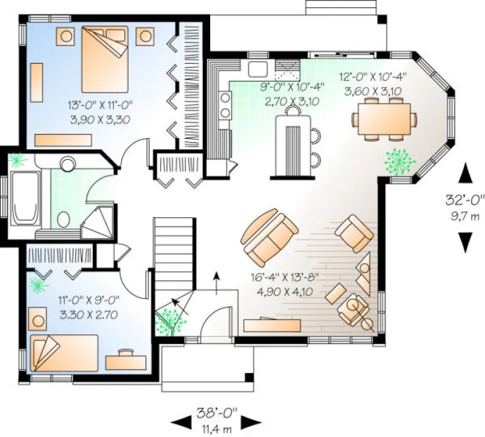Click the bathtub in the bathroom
(x=25, y=196)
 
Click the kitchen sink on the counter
(x=257, y=68)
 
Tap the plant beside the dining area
(x=398, y=160)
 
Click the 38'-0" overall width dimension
(x=212, y=416)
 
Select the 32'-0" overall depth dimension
(x=465, y=205)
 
